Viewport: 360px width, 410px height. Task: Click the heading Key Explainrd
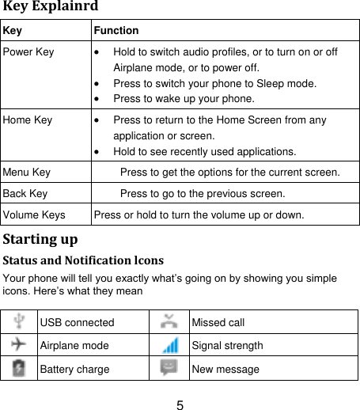(50, 7)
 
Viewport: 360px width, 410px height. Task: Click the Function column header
(116, 31)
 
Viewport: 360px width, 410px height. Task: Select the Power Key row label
(28, 52)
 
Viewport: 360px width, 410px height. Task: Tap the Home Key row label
(28, 120)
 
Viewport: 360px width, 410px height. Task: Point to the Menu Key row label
(27, 172)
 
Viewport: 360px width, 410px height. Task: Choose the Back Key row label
(25, 193)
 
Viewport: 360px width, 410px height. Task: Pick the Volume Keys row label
(34, 214)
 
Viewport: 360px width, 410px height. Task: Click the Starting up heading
(40, 237)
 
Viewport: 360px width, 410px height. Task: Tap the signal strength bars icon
(169, 345)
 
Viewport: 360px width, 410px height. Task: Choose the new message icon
(169, 368)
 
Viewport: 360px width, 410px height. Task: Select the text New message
(226, 369)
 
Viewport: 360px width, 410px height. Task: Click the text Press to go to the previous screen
(202, 193)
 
